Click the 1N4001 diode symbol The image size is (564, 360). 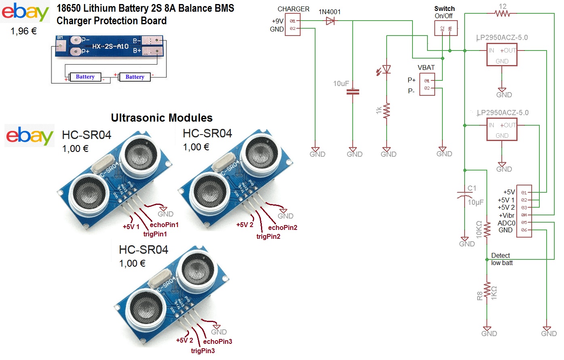click(x=330, y=21)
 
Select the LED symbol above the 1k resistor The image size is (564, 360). click(x=387, y=69)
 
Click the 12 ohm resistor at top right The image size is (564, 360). click(x=502, y=13)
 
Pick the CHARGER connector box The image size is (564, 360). click(x=293, y=25)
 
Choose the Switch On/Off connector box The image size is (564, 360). click(x=446, y=28)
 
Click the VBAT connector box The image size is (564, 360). click(x=427, y=84)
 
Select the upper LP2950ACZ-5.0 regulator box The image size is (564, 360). click(x=502, y=55)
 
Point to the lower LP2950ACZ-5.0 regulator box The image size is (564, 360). click(x=502, y=130)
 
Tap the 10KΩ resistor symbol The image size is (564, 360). click(x=487, y=229)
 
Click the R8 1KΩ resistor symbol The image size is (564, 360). click(x=487, y=291)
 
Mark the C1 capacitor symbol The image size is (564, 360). click(x=465, y=195)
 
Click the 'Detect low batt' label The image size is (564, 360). click(x=501, y=259)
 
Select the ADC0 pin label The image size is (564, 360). click(x=506, y=223)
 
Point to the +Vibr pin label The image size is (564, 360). click(x=507, y=215)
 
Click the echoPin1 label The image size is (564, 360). click(x=164, y=225)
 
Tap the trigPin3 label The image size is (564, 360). click(x=203, y=351)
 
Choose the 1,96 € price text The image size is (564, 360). click(x=23, y=31)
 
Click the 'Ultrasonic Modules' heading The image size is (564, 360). click(x=162, y=118)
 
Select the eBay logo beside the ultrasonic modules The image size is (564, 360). click(x=29, y=136)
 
